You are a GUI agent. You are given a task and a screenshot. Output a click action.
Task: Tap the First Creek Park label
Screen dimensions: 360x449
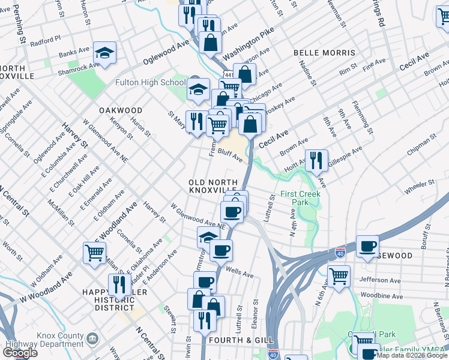click(300, 199)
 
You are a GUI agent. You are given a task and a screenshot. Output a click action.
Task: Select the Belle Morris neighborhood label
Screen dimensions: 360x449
click(325, 53)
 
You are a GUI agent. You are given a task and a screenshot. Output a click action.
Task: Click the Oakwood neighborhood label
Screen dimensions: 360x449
click(121, 110)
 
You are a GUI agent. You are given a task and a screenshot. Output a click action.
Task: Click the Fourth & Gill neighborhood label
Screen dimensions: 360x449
click(233, 340)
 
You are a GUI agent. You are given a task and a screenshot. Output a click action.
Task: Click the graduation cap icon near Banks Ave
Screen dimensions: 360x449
click(105, 55)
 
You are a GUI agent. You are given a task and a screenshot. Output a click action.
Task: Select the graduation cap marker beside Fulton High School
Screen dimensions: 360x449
click(197, 89)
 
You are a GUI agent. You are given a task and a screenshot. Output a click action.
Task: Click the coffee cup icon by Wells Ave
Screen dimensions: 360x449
click(221, 250)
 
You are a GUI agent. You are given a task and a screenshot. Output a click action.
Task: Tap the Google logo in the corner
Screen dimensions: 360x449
click(19, 353)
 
